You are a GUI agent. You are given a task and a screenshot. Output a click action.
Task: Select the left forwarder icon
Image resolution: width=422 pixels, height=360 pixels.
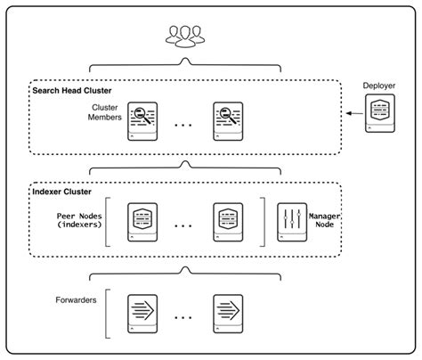click(142, 312)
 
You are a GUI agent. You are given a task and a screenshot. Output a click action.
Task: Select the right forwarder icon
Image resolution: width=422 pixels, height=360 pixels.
click(227, 312)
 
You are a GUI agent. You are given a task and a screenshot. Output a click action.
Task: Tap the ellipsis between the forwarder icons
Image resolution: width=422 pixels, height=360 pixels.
click(184, 316)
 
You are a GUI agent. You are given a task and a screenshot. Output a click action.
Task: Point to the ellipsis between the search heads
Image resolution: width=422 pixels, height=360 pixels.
click(184, 126)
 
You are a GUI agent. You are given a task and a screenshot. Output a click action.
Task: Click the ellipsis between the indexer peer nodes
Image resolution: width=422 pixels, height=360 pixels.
click(184, 227)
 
